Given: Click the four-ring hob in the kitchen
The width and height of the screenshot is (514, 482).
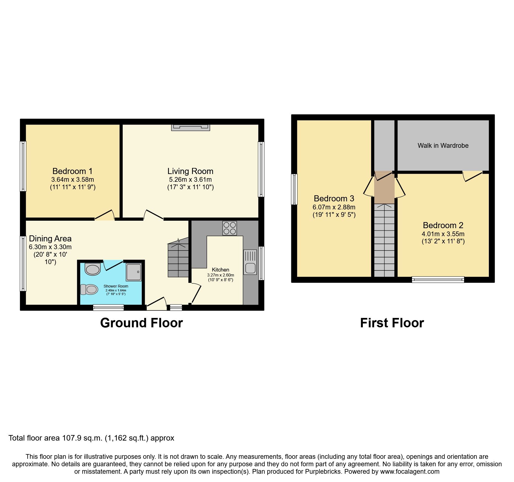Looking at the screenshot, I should tap(229, 228).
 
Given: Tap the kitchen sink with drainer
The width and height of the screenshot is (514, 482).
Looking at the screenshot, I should tap(250, 262).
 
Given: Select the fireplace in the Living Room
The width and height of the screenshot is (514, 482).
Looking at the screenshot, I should tap(190, 127).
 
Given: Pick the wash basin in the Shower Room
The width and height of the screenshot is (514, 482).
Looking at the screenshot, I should tap(93, 269).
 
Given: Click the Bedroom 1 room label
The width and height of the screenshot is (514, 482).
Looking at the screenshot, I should tap(72, 171).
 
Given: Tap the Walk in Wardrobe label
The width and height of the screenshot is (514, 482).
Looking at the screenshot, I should tap(443, 146).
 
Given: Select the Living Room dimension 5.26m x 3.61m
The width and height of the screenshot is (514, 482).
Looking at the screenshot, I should tap(190, 180).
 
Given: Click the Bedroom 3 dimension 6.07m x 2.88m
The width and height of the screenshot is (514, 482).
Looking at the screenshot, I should tap(334, 207).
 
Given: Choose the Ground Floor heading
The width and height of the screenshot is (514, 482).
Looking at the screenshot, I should tap(141, 323).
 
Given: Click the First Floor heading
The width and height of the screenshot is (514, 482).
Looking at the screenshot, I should tap(392, 323).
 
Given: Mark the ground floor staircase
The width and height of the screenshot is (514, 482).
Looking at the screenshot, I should tap(178, 260).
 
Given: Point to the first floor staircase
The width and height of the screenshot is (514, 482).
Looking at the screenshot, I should tap(384, 240).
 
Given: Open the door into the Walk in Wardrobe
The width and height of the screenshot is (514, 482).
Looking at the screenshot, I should tap(473, 176).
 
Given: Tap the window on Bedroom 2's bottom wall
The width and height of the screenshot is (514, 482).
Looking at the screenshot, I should tap(438, 280).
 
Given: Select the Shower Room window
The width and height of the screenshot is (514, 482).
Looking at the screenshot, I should tap(108, 307).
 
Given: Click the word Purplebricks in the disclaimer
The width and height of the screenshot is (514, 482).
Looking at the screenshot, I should tap(323, 472).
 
